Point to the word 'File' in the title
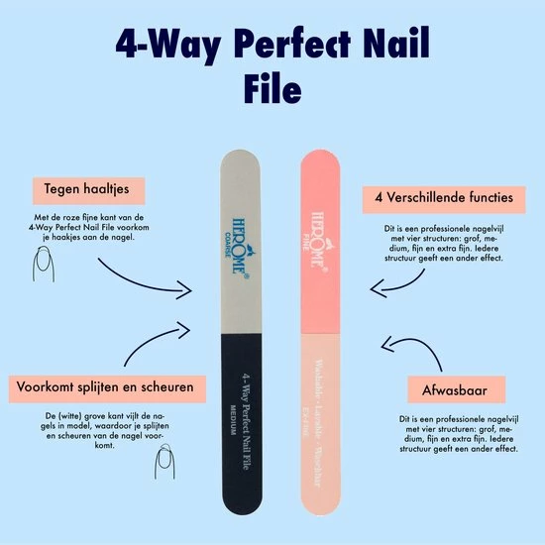click(x=272, y=88)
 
